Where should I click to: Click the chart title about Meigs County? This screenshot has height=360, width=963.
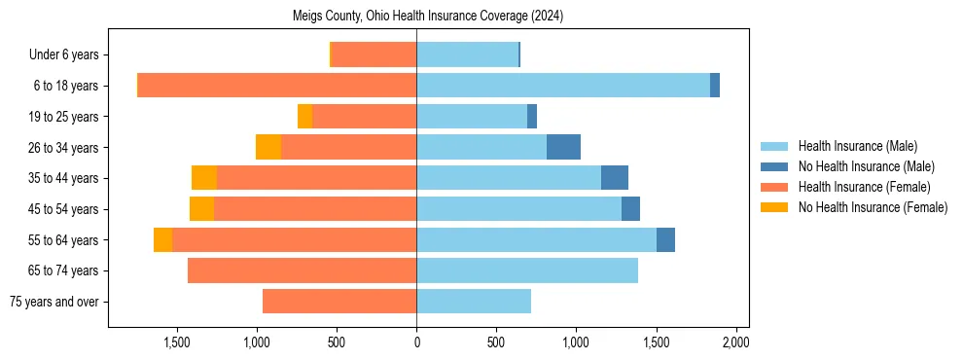[428, 17]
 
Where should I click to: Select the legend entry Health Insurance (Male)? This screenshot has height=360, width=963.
[857, 146]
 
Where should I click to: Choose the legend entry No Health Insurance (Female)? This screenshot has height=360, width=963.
[871, 207]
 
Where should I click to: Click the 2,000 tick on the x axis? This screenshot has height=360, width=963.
[735, 342]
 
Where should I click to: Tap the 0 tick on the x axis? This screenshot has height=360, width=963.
[416, 342]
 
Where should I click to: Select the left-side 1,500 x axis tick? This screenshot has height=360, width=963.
[177, 342]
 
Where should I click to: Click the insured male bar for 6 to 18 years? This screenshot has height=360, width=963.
[563, 86]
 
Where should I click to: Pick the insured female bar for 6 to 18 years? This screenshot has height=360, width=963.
[277, 86]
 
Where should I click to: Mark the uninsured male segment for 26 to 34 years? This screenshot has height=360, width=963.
[563, 147]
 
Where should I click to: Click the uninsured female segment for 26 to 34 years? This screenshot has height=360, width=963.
[268, 147]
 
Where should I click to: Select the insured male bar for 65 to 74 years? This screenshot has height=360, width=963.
[527, 270]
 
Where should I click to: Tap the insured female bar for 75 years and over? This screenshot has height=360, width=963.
[339, 302]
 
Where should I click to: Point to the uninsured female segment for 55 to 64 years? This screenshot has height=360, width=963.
[162, 239]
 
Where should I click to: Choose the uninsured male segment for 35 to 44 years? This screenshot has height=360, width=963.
[615, 178]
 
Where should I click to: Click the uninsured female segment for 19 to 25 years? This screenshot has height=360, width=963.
[304, 117]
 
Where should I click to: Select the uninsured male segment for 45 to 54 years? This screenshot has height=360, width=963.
[630, 209]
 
